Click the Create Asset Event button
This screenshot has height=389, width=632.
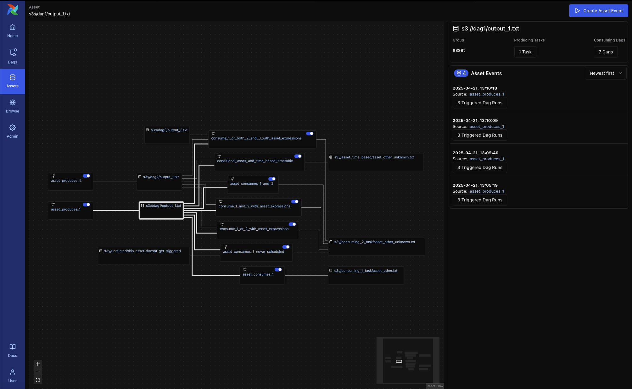coord(598,11)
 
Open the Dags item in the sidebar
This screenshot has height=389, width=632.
coord(13,56)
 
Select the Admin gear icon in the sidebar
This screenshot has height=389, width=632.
coord(13,128)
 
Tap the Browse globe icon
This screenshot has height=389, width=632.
coord(13,103)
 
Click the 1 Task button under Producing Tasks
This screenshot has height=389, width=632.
coord(525,52)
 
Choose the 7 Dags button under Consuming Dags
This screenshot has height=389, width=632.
coord(606,52)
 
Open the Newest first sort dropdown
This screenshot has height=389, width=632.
coord(606,73)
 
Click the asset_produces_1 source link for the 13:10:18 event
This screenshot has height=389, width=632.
coord(487,94)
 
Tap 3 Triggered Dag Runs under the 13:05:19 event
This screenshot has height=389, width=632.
coord(480,200)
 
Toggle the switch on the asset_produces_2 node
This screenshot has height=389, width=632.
coord(87,176)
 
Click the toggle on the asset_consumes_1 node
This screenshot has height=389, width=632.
coord(278,270)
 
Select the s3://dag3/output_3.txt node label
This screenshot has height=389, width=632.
coord(169,130)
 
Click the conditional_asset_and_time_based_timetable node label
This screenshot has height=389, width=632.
coord(255,161)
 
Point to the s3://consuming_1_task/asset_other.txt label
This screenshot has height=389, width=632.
coord(366,271)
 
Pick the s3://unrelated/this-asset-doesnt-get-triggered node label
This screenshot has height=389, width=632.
coord(142,251)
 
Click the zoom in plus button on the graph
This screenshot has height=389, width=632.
coord(38,364)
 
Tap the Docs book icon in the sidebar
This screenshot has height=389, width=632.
coord(13,347)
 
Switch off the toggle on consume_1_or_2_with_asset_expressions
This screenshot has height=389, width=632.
coord(293,224)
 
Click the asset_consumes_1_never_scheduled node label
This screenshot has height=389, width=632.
coord(254,252)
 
